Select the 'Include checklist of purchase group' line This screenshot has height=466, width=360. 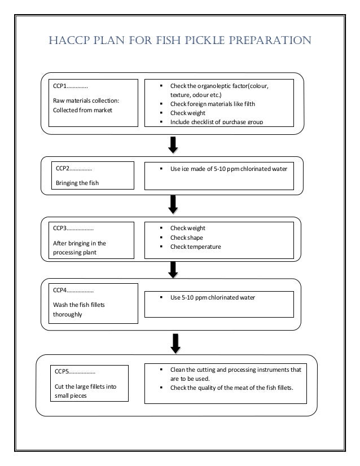[x=216, y=122]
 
